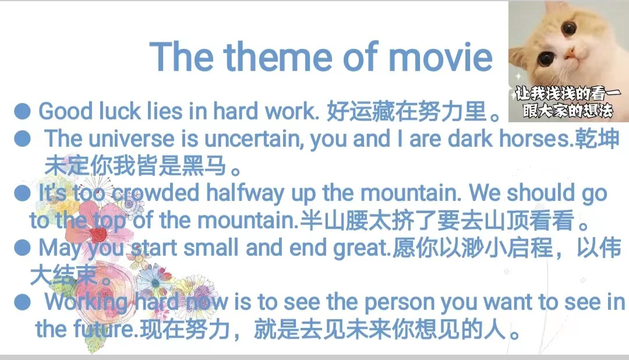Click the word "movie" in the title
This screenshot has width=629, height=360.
point(440,57)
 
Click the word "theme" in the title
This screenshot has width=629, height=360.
point(278,57)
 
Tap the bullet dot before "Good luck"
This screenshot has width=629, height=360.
point(22,111)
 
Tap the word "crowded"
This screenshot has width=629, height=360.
point(156,193)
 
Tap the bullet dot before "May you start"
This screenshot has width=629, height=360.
point(22,248)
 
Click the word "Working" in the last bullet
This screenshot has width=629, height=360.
point(86,302)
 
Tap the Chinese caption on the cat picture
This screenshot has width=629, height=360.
point(568,103)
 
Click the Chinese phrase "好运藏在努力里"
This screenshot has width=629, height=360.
point(407,111)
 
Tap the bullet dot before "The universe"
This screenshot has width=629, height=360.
point(22,139)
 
